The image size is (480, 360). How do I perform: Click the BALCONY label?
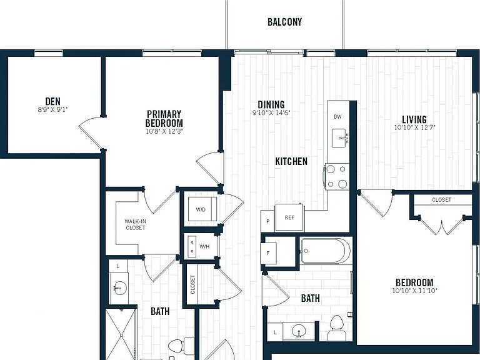tap(285, 22)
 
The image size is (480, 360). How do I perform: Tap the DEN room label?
tap(52, 101)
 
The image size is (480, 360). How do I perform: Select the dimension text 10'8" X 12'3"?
tap(164, 131)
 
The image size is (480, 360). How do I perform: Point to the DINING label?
tap(271, 104)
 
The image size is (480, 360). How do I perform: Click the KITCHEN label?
tap(291, 161)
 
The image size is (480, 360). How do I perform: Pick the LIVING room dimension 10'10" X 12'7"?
tap(414, 127)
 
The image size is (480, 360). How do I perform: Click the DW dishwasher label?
tap(337, 117)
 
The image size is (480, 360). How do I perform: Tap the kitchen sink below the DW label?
tap(340, 138)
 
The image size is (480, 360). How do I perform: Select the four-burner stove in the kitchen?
tap(336, 177)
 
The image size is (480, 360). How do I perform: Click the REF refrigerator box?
tap(289, 217)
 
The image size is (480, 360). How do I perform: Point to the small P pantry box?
tap(267, 221)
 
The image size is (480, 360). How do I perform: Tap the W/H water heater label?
tap(204, 246)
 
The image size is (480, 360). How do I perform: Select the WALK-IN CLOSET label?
tap(135, 224)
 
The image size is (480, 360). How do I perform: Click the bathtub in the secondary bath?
tap(326, 251)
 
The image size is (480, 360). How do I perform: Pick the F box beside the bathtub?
tap(268, 253)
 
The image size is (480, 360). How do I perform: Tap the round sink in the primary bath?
tap(120, 287)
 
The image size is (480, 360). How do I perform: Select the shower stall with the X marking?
tap(121, 334)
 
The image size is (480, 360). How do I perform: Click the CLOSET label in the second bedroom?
tap(441, 199)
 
